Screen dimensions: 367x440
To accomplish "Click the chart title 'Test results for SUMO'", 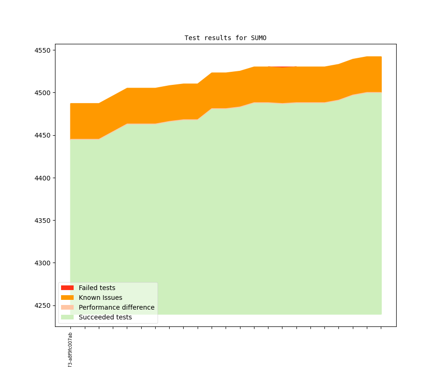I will pyautogui.click(x=225, y=38).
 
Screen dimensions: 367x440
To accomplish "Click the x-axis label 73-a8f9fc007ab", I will pyautogui.click(x=70, y=350).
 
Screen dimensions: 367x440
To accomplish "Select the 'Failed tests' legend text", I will pyautogui.click(x=97, y=288).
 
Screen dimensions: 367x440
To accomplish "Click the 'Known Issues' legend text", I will pyautogui.click(x=100, y=298).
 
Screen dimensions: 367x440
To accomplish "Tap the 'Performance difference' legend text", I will pyautogui.click(x=117, y=307).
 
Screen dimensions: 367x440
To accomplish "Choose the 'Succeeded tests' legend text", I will pyautogui.click(x=105, y=317).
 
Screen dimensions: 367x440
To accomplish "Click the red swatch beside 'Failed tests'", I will pyautogui.click(x=67, y=288).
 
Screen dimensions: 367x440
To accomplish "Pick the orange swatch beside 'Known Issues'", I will pyautogui.click(x=67, y=298).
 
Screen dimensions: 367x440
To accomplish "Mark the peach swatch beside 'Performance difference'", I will pyautogui.click(x=67, y=307).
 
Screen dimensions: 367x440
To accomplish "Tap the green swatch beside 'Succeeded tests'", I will pyautogui.click(x=67, y=317).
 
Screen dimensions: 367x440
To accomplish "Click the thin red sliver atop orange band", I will pyautogui.click(x=282, y=67).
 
